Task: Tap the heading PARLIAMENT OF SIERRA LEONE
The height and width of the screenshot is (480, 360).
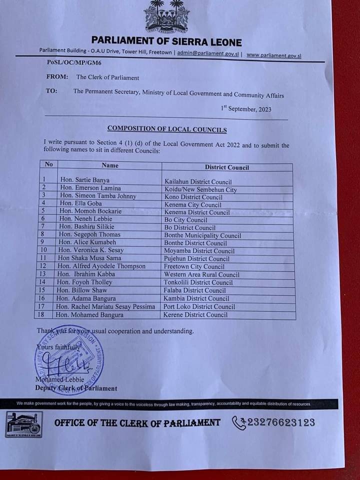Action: point(166,42)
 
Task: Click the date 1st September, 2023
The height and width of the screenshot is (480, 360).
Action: point(246,108)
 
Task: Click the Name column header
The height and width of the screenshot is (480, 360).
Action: point(110,165)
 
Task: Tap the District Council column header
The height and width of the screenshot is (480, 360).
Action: point(226,167)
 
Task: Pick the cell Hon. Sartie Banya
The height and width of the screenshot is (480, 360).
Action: point(84,179)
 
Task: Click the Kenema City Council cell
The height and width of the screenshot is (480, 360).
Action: point(192,205)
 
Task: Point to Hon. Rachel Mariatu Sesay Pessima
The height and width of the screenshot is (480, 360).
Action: point(105,306)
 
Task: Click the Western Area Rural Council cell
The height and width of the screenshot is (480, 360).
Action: point(201,274)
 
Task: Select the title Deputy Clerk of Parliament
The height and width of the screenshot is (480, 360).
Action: point(76,388)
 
